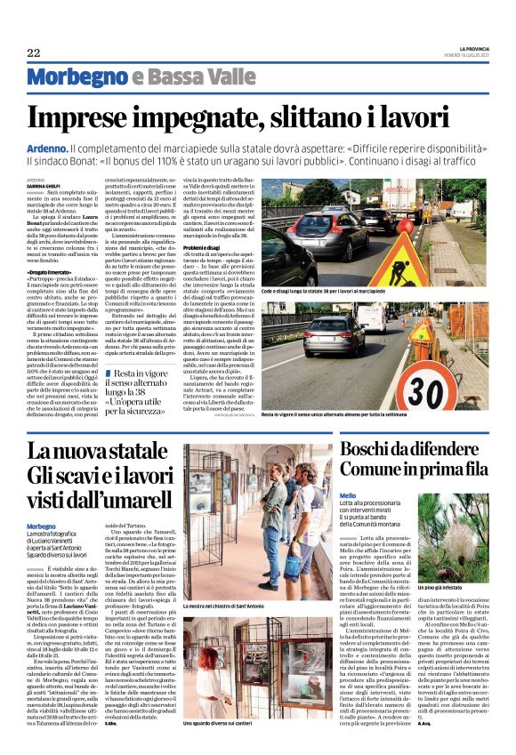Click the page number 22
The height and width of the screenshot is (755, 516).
34,53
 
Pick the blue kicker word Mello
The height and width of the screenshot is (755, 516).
347,494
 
